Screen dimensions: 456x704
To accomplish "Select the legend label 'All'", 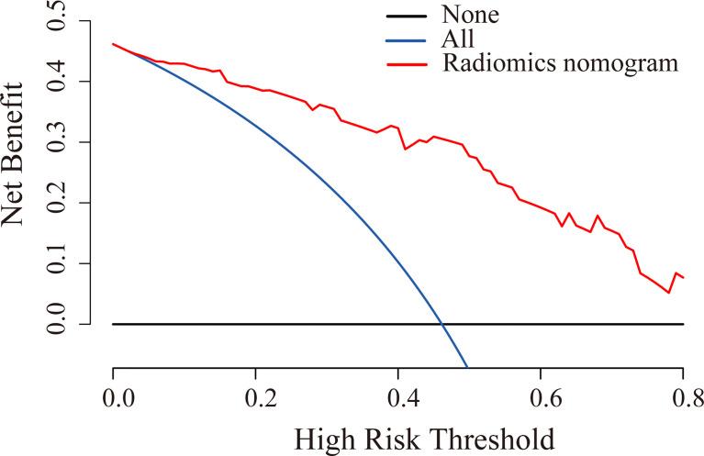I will (x=457, y=39).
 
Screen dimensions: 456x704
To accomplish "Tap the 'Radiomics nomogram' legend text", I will (x=559, y=64).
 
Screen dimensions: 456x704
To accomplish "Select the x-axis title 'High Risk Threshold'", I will (x=399, y=439).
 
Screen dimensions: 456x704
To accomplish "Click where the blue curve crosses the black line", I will (x=441, y=324).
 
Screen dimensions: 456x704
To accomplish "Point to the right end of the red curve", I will (x=684, y=277).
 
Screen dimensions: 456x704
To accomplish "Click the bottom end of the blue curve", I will (x=467, y=366).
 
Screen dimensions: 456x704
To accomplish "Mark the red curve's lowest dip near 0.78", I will (x=669, y=293).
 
